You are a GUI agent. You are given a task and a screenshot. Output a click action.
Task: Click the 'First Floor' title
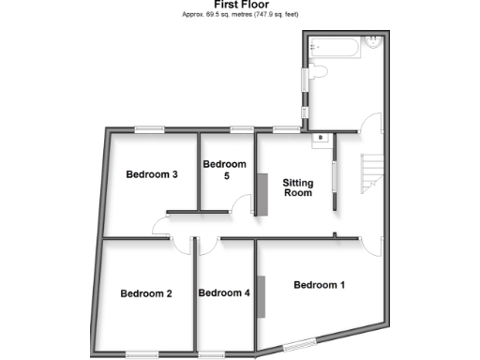(241, 5)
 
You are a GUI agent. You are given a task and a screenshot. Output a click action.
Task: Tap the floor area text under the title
(241, 15)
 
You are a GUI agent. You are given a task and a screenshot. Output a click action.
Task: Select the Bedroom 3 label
(152, 174)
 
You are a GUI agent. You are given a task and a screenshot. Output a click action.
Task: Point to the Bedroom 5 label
(224, 169)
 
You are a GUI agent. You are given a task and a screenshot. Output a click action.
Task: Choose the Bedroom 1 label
(319, 285)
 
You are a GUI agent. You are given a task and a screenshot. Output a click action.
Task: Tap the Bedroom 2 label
(146, 293)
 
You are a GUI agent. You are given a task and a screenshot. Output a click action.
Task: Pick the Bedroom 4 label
(224, 293)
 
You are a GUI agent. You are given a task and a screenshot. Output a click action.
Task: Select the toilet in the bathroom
(316, 71)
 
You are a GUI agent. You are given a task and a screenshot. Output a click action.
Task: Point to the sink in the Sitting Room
(321, 139)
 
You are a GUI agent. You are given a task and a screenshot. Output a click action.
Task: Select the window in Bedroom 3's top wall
(148, 128)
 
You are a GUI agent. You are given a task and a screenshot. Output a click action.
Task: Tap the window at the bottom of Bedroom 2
(142, 353)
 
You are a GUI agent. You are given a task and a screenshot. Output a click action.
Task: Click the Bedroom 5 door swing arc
(244, 204)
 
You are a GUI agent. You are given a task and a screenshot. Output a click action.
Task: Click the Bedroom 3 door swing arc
(159, 225)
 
